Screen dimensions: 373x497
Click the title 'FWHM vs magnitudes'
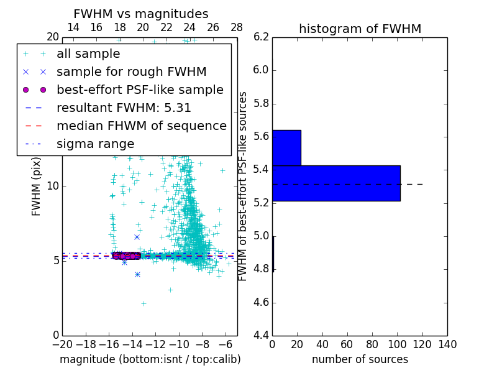coord(141,14)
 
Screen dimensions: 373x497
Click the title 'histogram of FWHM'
coord(360,29)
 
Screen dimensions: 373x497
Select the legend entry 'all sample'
coord(88,53)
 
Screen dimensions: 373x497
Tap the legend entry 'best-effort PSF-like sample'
coord(140,90)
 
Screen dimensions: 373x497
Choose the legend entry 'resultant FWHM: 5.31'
coord(124,108)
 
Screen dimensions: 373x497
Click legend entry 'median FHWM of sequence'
coord(141,126)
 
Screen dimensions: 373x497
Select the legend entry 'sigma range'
coord(95,144)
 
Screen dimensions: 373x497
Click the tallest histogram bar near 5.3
coord(336,183)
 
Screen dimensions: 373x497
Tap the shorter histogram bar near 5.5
coord(286,147)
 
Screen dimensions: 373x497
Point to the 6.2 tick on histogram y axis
coord(262,37)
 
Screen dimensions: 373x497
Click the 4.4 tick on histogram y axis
coord(262,336)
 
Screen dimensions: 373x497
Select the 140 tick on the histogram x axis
coord(447,344)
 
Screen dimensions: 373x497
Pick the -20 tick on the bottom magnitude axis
coord(62,344)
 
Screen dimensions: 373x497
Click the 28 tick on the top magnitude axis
coord(237,27)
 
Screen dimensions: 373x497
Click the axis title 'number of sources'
coord(360,359)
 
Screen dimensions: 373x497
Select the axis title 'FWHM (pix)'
coord(37,186)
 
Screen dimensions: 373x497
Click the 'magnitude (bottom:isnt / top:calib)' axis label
coord(150,359)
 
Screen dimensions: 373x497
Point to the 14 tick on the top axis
coord(73,27)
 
